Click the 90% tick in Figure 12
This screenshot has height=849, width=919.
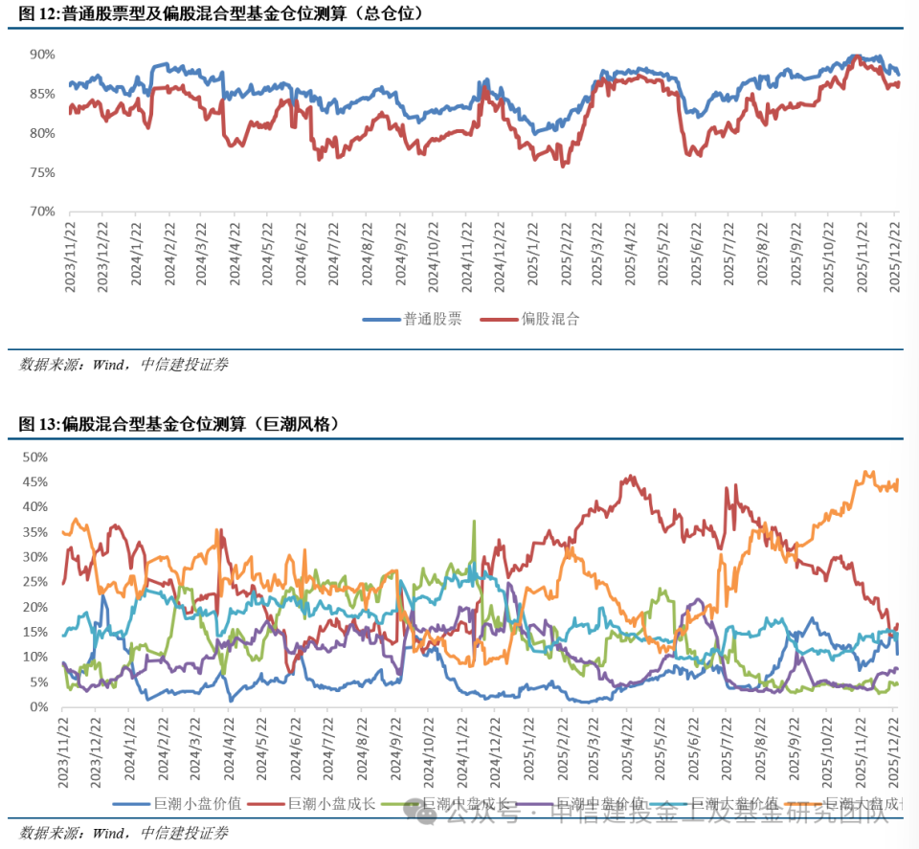41,55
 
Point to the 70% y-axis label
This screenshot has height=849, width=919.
41,212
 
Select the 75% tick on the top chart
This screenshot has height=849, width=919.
41,172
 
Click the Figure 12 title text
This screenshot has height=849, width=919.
221,14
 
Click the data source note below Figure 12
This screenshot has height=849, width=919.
123,365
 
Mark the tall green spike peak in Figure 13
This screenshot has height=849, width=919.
474,522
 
